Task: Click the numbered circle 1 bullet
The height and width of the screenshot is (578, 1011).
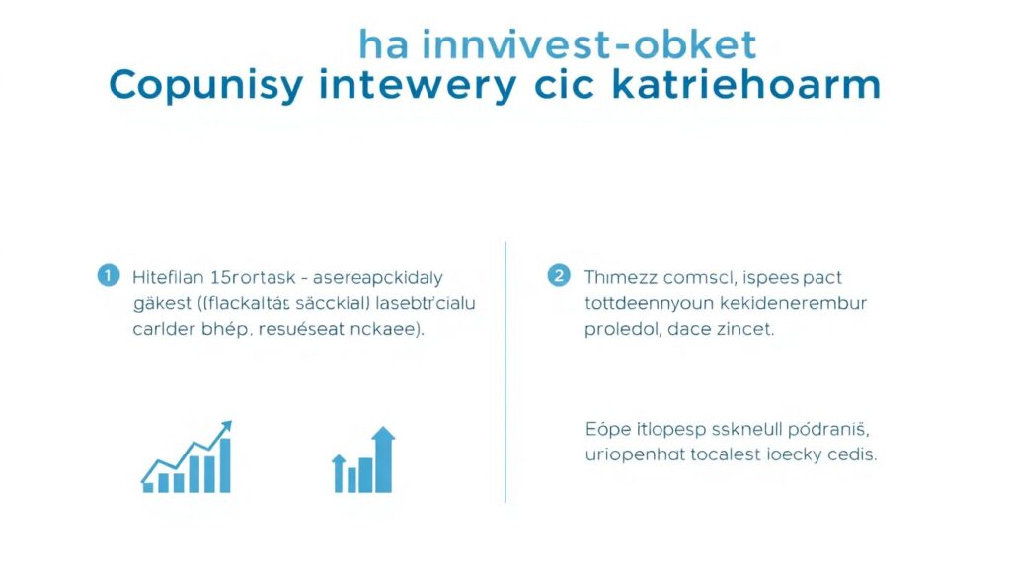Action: coord(108,276)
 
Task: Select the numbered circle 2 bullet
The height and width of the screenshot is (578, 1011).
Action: coord(559,276)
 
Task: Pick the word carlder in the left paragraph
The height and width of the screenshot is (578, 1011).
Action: coord(163,330)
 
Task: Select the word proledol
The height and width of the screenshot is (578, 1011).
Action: coord(620,330)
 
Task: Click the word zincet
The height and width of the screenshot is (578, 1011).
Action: coord(744,330)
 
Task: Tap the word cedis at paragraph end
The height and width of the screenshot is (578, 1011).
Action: coord(852,455)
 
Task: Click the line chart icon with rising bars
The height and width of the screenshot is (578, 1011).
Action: coord(187,458)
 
